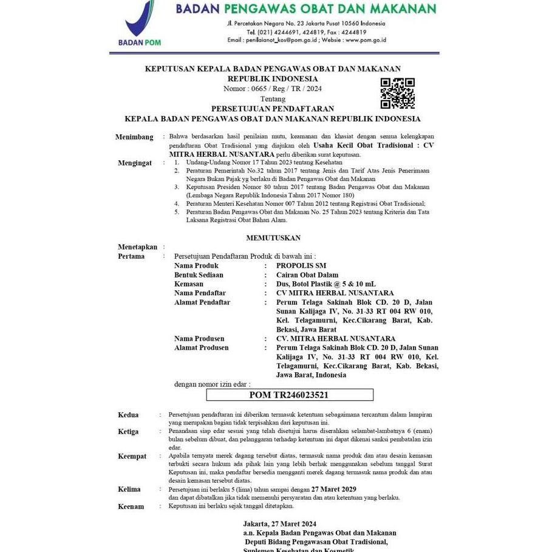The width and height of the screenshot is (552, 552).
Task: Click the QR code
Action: click(x=397, y=94)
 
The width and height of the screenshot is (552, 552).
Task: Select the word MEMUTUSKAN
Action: click(x=273, y=237)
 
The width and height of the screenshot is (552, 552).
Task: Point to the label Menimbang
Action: click(x=134, y=137)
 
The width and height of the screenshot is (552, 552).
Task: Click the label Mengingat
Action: click(x=134, y=163)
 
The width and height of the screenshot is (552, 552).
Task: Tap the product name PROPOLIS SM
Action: click(x=301, y=266)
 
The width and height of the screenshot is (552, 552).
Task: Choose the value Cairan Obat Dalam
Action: click(x=307, y=275)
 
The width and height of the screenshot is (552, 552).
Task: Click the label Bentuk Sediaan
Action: click(x=199, y=275)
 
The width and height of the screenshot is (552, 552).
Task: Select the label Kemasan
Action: click(x=189, y=284)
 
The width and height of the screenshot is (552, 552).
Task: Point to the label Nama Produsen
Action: click(x=199, y=339)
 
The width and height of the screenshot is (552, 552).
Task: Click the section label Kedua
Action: click(x=128, y=415)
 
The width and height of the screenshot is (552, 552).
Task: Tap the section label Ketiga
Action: click(x=128, y=432)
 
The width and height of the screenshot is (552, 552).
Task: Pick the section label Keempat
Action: click(x=132, y=455)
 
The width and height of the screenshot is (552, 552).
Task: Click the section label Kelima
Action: click(x=129, y=489)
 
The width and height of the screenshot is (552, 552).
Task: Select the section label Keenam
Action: click(x=131, y=506)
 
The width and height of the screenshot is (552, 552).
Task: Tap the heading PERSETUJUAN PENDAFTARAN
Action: click(x=272, y=109)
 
